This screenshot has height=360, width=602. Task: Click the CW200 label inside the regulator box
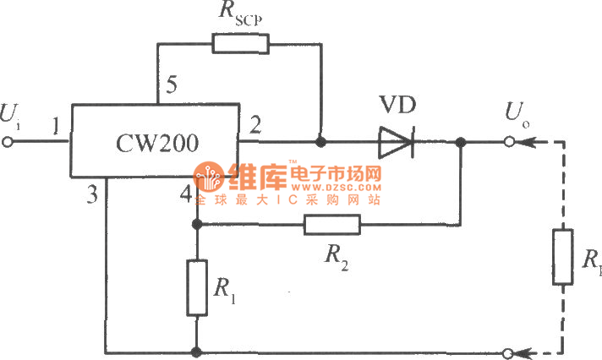(x=159, y=144)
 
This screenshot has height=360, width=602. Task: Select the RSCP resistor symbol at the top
(x=240, y=43)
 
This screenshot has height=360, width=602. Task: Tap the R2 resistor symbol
(x=332, y=224)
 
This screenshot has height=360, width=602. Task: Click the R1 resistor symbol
(x=196, y=288)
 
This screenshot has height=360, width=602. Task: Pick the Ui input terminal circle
(x=10, y=142)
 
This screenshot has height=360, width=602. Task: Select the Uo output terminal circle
(x=511, y=142)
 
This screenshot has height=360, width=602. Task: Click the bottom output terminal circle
(x=511, y=352)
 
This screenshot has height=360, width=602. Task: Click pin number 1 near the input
(x=54, y=128)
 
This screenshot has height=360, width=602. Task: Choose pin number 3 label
(x=92, y=195)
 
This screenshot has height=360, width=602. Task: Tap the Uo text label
(x=517, y=112)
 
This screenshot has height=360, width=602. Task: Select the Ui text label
(x=13, y=112)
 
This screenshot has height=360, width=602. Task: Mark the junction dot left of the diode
(x=320, y=142)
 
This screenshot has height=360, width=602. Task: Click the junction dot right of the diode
(x=461, y=142)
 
